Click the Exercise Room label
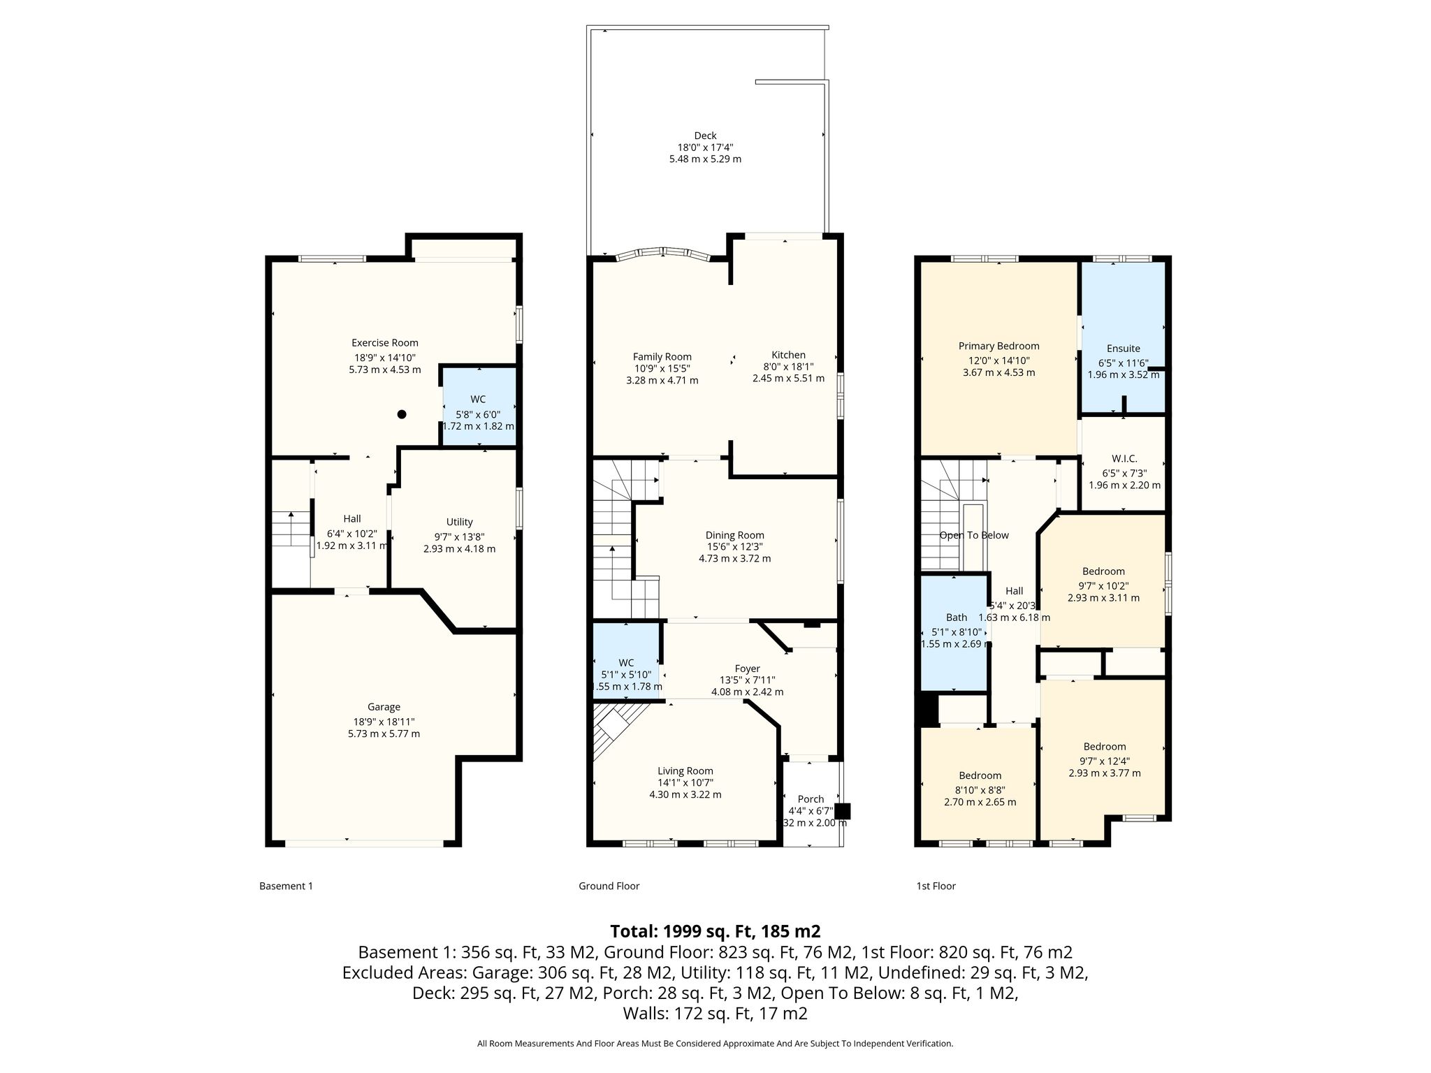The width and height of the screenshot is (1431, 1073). (385, 343)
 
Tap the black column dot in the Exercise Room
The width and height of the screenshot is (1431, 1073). (402, 414)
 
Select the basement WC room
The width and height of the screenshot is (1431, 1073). (479, 407)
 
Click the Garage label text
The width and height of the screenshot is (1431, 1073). (384, 707)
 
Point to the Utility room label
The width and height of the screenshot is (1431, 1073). (460, 522)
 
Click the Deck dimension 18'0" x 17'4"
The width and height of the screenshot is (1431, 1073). (705, 147)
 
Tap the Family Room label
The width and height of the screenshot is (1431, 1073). (662, 356)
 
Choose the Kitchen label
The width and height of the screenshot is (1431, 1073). (788, 355)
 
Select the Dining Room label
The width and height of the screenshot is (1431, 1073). (735, 535)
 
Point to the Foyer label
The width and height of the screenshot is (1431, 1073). (748, 669)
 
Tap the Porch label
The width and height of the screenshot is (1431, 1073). (811, 798)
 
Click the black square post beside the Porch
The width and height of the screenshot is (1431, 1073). (843, 811)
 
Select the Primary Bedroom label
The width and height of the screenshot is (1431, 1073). (999, 346)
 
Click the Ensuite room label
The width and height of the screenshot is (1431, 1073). (1124, 349)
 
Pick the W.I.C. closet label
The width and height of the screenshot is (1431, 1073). (1124, 458)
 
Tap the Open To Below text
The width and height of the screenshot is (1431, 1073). (975, 535)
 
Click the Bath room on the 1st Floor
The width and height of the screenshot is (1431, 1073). (955, 633)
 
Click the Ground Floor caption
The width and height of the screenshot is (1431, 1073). (609, 886)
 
